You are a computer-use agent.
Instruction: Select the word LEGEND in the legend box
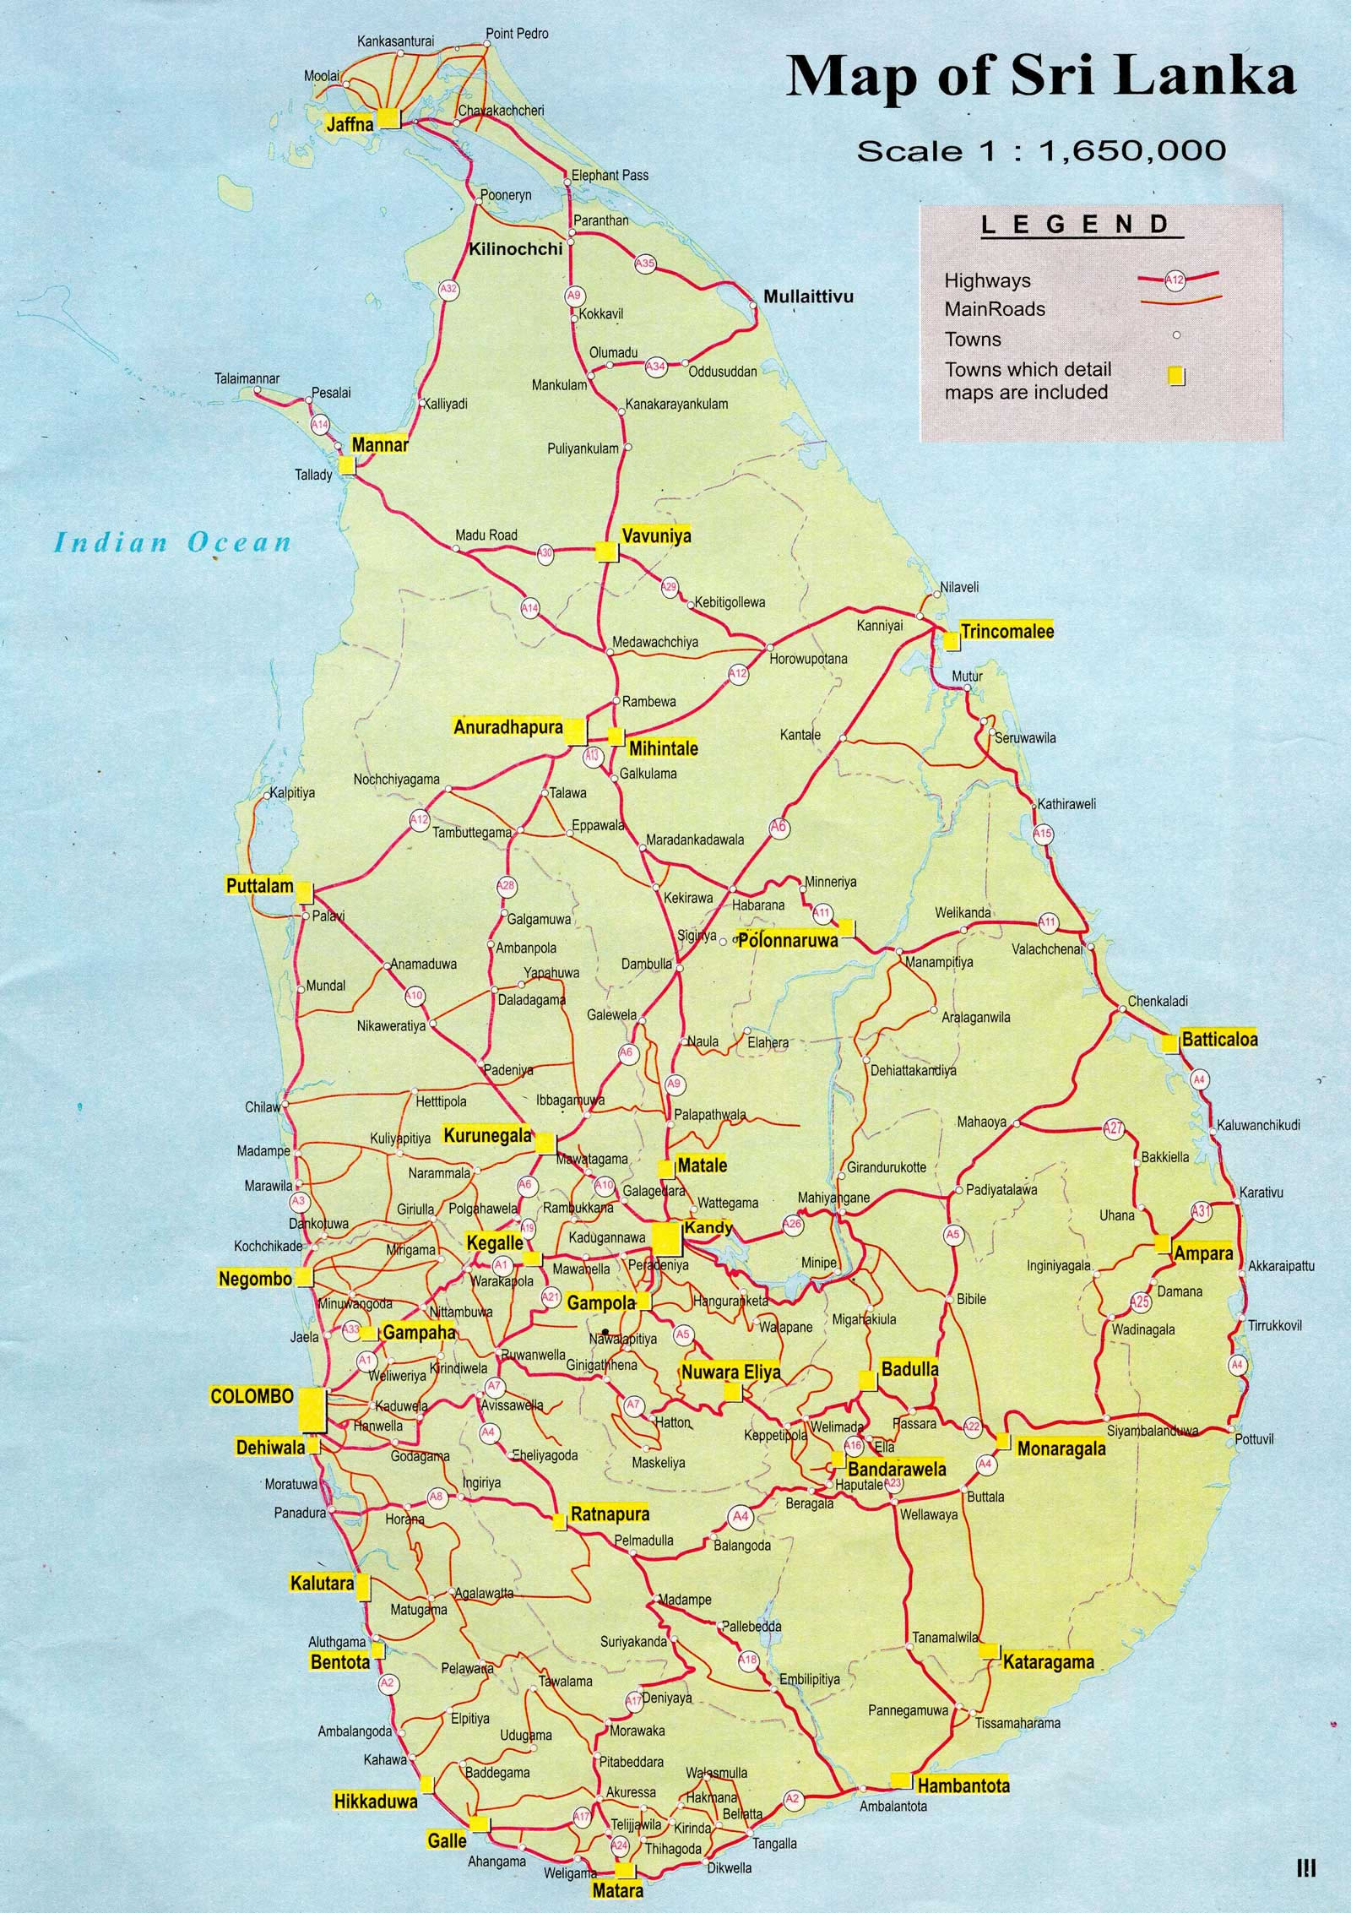[x=1074, y=225]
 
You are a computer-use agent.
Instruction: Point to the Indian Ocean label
[x=173, y=541]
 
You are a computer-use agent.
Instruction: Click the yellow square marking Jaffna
[x=388, y=118]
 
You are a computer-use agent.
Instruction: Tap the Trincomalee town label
[x=1007, y=631]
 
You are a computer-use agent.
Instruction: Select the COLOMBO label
[x=252, y=1396]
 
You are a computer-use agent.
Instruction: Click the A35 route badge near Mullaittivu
[x=645, y=264]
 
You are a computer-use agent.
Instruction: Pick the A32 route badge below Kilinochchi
[x=449, y=289]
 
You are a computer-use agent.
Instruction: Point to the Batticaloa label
[x=1219, y=1039]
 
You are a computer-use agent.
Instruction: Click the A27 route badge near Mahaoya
[x=1115, y=1128]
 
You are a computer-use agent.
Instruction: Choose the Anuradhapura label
[x=508, y=727]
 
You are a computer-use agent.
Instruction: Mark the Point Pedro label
[x=517, y=34]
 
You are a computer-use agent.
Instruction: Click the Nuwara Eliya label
[x=731, y=1372]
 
